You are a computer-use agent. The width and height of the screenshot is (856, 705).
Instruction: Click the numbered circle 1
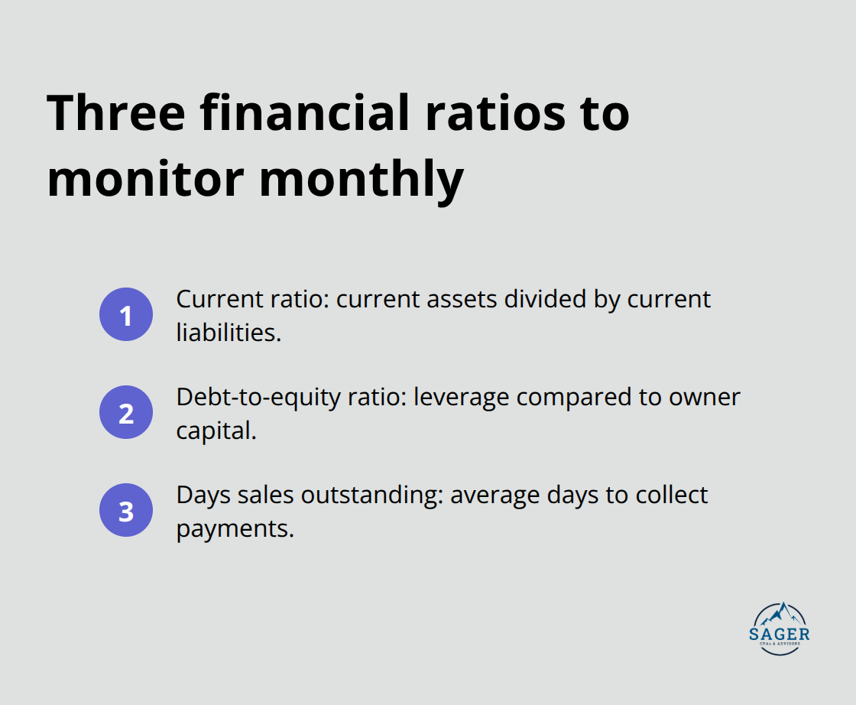(126, 314)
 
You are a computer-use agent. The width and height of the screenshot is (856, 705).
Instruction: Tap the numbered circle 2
(126, 412)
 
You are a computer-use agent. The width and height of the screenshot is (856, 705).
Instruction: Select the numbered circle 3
(126, 510)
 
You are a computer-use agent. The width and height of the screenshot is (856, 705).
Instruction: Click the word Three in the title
(116, 113)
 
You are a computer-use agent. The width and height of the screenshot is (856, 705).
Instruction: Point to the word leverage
(459, 398)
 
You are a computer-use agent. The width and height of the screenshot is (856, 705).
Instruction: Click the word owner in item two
(703, 398)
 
